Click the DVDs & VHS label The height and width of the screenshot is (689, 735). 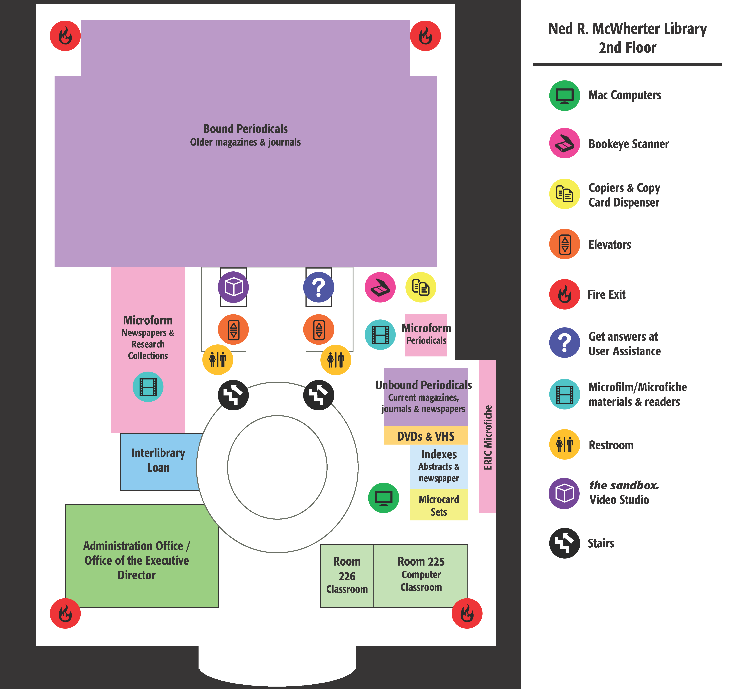[x=426, y=436]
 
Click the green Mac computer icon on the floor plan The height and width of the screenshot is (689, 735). [x=383, y=498]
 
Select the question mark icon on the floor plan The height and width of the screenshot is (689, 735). [x=318, y=287]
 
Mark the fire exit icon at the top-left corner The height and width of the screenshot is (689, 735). [x=65, y=36]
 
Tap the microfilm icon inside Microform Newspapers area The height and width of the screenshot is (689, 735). [x=148, y=387]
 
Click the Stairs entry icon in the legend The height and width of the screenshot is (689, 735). [x=564, y=543]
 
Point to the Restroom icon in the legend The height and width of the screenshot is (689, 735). [x=564, y=445]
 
